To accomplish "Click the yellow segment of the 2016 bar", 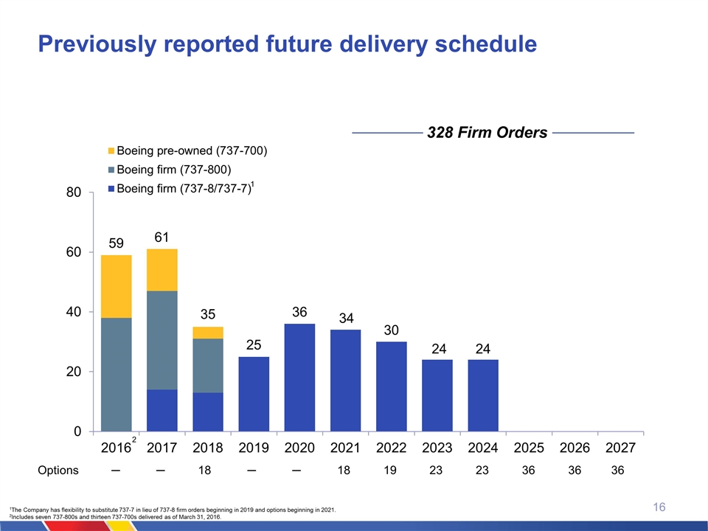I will [117, 286].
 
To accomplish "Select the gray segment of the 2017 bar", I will [162, 339].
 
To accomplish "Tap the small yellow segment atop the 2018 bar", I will [208, 333].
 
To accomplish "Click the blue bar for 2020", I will [299, 377].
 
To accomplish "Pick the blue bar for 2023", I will [437, 395].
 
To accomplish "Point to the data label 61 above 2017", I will [162, 237].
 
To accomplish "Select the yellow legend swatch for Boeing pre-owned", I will [111, 151].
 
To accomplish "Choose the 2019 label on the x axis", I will [253, 448].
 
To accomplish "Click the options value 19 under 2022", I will [390, 471].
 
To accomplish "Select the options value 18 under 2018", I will [208, 471].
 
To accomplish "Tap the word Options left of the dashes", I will [58, 471].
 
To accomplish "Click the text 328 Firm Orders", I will [487, 133].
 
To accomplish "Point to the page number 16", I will [659, 507].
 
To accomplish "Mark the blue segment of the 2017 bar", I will [162, 410].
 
